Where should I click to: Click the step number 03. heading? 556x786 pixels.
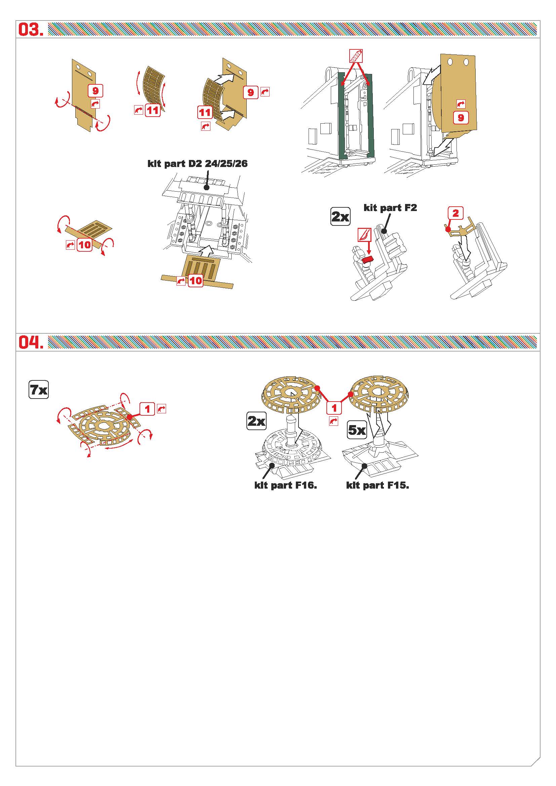click(x=31, y=30)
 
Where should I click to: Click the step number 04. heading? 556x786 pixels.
click(x=31, y=342)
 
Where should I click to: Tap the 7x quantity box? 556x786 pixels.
click(x=39, y=389)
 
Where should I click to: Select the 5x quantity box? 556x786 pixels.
click(x=357, y=430)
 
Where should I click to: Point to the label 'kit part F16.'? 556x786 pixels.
click(x=285, y=485)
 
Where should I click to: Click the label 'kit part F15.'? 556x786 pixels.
click(x=378, y=485)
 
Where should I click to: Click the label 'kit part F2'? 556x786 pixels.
click(x=390, y=207)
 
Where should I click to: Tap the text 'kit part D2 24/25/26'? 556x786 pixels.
click(x=198, y=163)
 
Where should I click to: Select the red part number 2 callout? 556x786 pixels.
click(x=455, y=213)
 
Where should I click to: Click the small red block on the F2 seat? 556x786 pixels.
click(x=367, y=260)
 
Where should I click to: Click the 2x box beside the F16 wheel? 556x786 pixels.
click(x=256, y=421)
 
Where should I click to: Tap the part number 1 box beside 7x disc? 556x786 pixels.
click(x=148, y=409)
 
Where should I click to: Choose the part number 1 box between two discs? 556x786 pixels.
click(x=334, y=408)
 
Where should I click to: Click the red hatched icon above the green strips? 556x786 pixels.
click(x=356, y=55)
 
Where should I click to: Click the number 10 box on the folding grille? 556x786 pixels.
click(x=84, y=245)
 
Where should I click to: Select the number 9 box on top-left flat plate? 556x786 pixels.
click(x=95, y=91)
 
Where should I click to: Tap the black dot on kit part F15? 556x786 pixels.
click(x=365, y=465)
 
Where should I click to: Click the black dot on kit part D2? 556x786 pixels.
click(x=206, y=188)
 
